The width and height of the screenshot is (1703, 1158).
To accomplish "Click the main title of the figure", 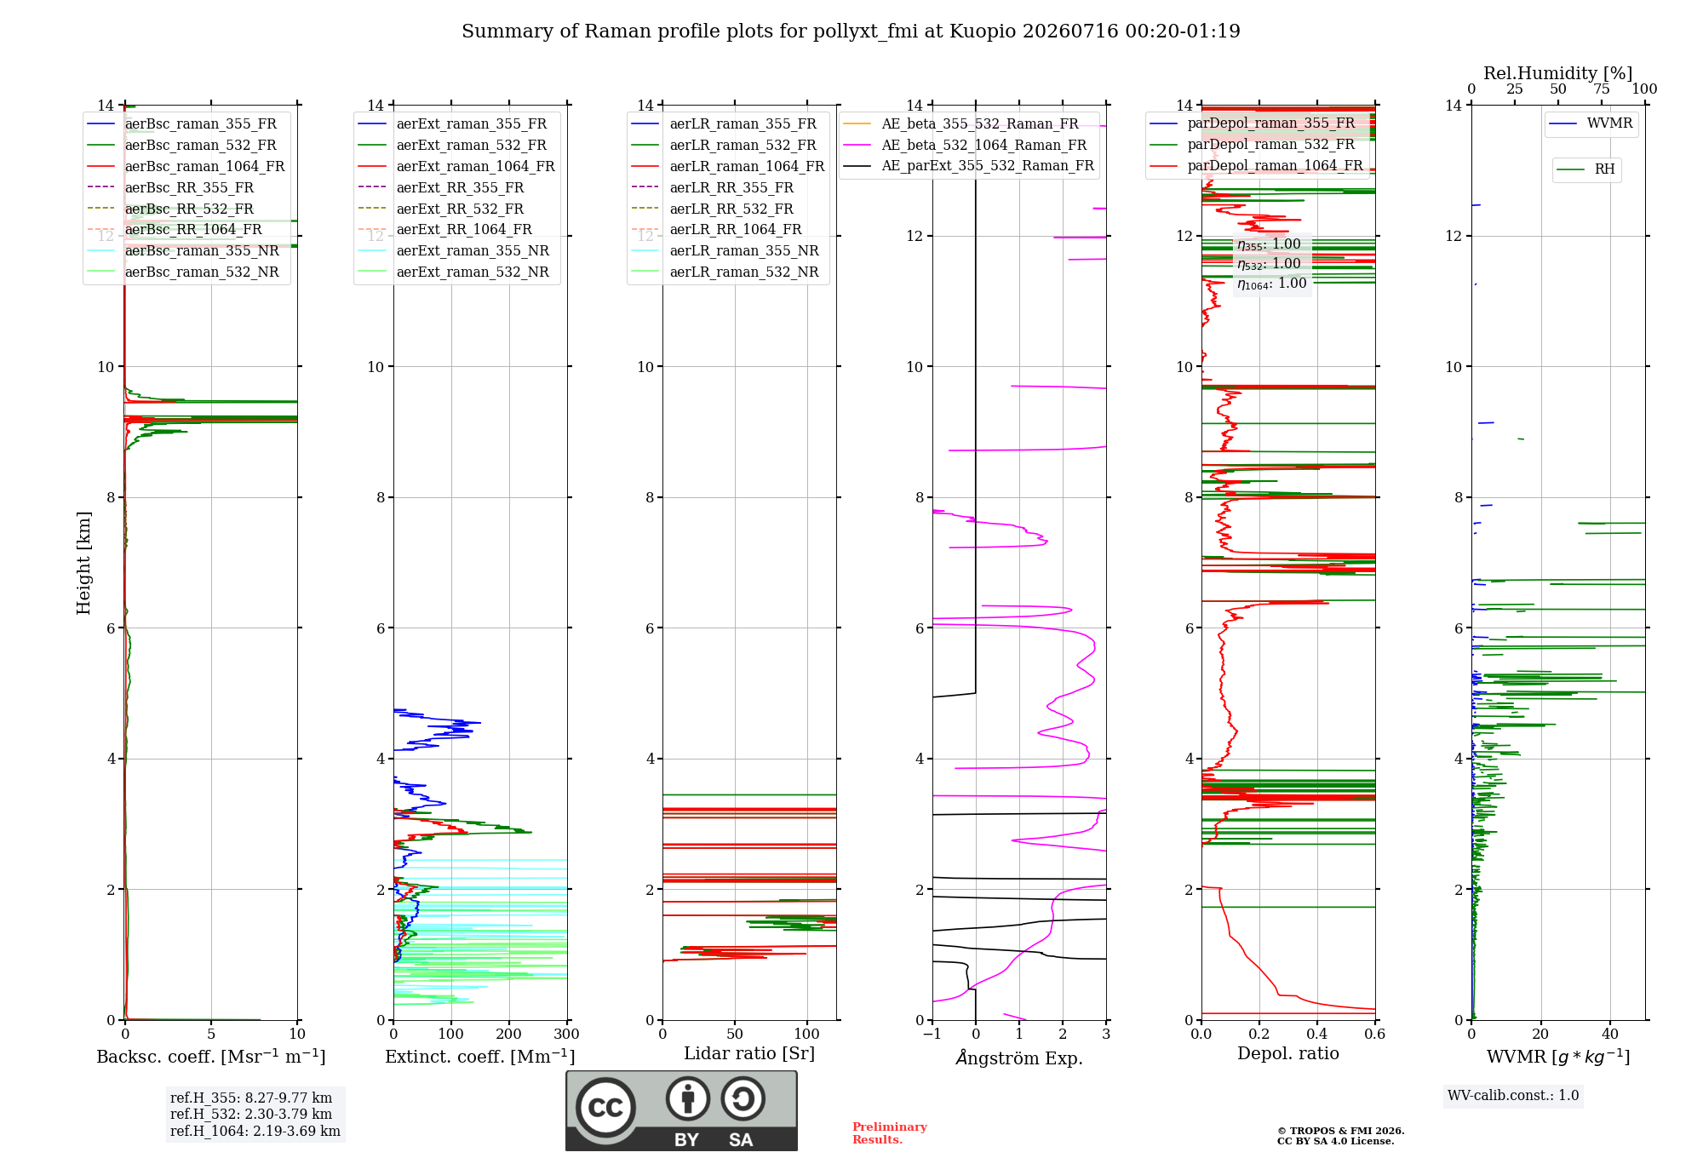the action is pyautogui.click(x=851, y=32).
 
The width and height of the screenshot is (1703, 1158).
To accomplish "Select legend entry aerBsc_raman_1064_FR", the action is pyautogui.click(x=204, y=167).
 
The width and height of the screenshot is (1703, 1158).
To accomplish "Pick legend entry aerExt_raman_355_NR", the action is pyautogui.click(x=473, y=251).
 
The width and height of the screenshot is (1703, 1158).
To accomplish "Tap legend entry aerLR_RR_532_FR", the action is pyautogui.click(x=731, y=209).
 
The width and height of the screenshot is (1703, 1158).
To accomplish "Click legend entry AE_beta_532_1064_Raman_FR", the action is pyautogui.click(x=984, y=146).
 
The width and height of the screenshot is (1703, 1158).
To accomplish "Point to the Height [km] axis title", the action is pyautogui.click(x=83, y=563).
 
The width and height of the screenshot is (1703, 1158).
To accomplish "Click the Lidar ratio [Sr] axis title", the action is pyautogui.click(x=749, y=1054).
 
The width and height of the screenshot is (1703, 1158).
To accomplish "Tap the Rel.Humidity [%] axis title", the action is pyautogui.click(x=1558, y=73).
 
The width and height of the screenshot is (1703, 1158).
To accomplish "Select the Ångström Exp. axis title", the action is pyautogui.click(x=1019, y=1058).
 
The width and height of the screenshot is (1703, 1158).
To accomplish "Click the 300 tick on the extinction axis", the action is pyautogui.click(x=566, y=1035).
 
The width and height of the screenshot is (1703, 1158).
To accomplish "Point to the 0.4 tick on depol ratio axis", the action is pyautogui.click(x=1317, y=1035).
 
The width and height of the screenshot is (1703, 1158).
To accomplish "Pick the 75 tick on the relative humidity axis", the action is pyautogui.click(x=1602, y=89).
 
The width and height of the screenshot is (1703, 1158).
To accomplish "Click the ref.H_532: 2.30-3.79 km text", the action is pyautogui.click(x=251, y=1115).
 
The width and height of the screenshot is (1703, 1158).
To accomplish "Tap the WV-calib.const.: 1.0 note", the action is pyautogui.click(x=1513, y=1096).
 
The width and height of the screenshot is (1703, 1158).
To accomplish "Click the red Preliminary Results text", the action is pyautogui.click(x=890, y=1133).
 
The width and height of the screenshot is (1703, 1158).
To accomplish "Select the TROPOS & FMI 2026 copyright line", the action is pyautogui.click(x=1341, y=1132).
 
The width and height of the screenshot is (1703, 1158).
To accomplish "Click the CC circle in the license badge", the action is pyautogui.click(x=605, y=1107).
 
